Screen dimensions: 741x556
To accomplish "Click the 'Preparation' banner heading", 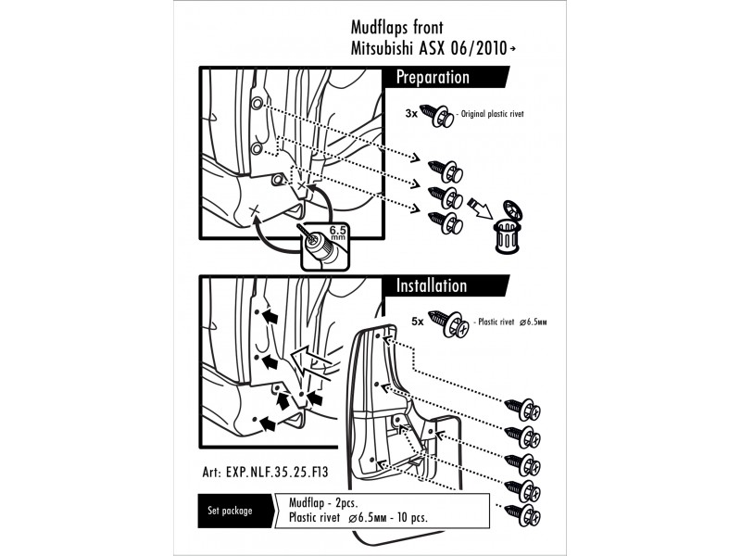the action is (x=433, y=78).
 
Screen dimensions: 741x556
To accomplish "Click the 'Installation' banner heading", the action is (x=432, y=285).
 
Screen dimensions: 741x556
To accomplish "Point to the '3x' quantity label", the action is (x=411, y=113).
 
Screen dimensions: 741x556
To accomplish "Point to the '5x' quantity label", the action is (x=418, y=322).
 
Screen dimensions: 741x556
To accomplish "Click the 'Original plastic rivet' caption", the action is (x=493, y=114).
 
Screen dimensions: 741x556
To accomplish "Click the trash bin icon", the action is (x=508, y=227).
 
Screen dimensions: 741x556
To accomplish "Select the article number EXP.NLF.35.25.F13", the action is (x=265, y=472).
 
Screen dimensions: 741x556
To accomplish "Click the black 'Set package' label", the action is (x=230, y=511).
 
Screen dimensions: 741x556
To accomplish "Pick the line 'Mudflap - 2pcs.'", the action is (x=323, y=502).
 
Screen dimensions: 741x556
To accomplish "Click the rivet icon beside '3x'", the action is (x=437, y=116).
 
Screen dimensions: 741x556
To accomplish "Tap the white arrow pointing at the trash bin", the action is (x=480, y=209).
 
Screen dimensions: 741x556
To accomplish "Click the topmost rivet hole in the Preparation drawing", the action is (x=257, y=104).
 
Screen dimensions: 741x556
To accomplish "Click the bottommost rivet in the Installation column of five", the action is (x=522, y=515).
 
